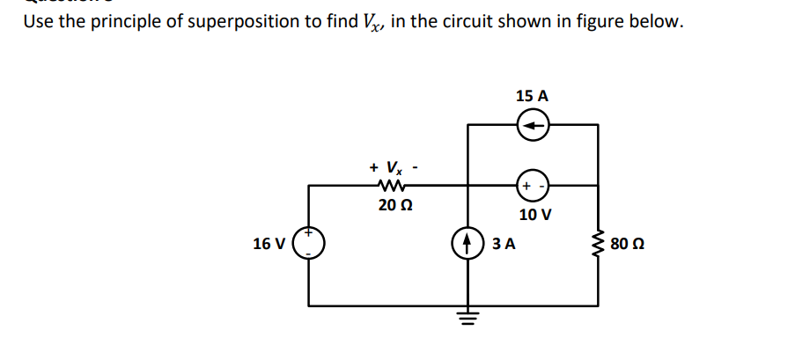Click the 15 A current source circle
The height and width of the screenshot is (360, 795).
pyautogui.click(x=533, y=127)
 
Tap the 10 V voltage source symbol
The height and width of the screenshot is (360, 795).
pyautogui.click(x=533, y=187)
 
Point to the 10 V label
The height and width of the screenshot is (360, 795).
pyautogui.click(x=534, y=215)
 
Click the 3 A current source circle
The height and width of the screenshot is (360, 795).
pyautogui.click(x=467, y=242)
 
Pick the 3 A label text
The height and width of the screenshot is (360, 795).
pyautogui.click(x=503, y=243)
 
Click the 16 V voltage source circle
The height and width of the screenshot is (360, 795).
pyautogui.click(x=309, y=243)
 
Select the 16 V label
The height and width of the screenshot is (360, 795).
pyautogui.click(x=268, y=244)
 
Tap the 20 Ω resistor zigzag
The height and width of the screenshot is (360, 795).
pyautogui.click(x=387, y=186)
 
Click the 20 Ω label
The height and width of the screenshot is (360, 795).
pyautogui.click(x=388, y=206)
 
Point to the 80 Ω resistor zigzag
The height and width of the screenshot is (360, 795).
pyautogui.click(x=599, y=242)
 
